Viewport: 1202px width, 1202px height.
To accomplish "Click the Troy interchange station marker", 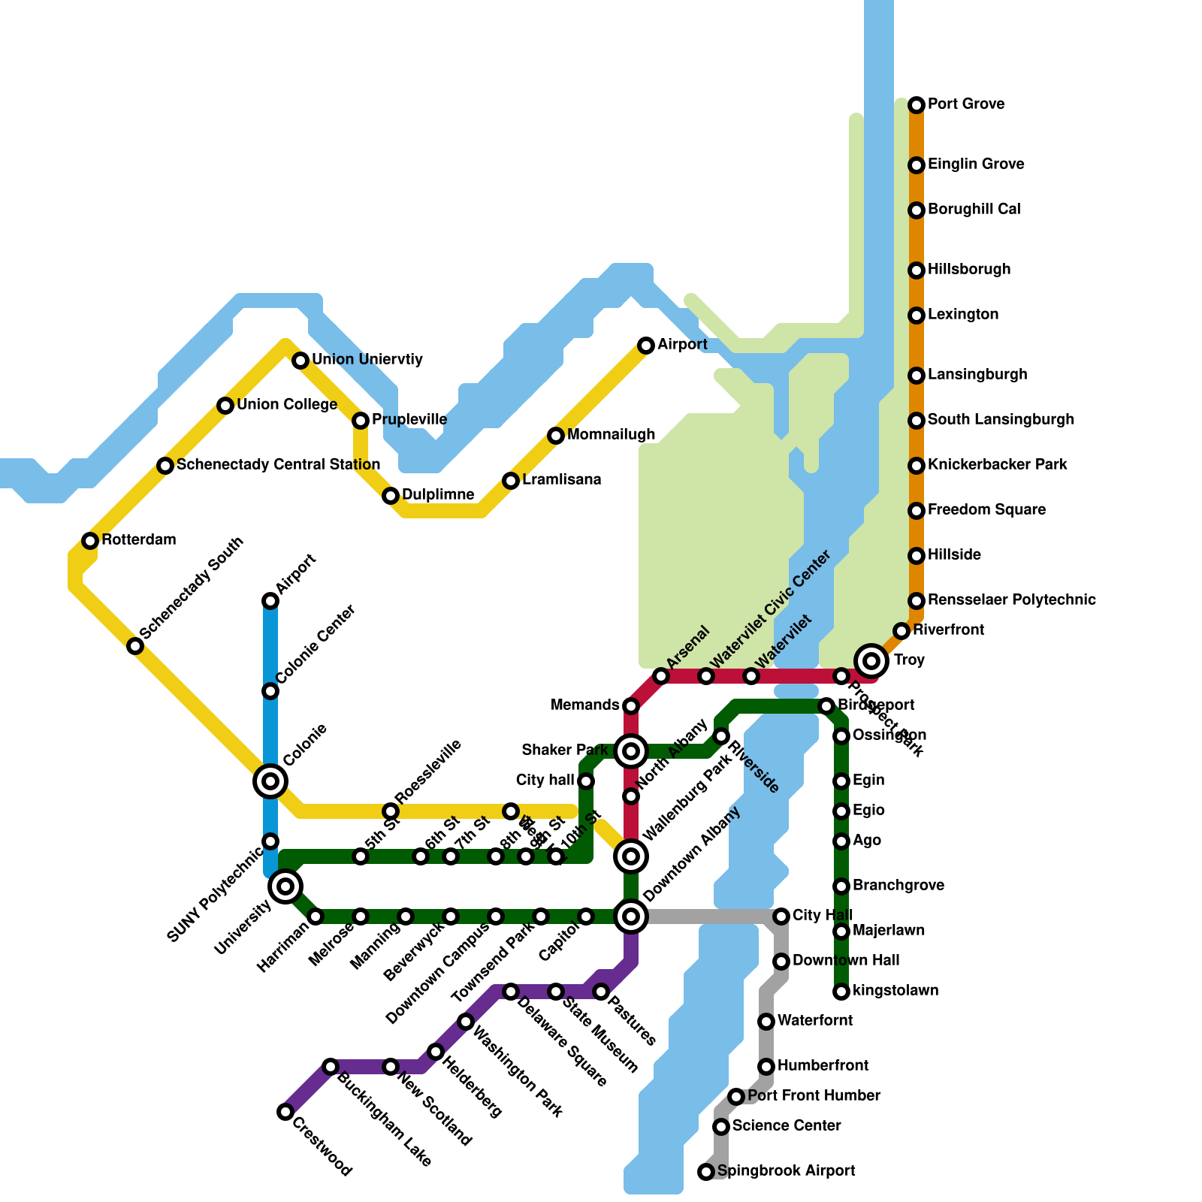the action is tap(871, 660).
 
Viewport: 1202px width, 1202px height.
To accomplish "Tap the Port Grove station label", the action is tap(966, 104).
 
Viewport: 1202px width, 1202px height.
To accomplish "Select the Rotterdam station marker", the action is tap(90, 540).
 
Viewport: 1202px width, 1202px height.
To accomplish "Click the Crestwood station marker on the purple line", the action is tap(285, 1112).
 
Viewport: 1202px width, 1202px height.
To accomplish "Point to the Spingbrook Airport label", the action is tap(786, 1171).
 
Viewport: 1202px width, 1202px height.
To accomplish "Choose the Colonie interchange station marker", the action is tap(270, 781).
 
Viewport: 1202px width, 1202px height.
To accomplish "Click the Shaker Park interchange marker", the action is tap(631, 751).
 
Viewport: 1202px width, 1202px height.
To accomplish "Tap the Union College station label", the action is tap(287, 405).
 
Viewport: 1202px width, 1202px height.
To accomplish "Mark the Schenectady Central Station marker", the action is tap(165, 466).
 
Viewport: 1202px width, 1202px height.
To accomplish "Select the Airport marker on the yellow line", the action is tap(646, 346).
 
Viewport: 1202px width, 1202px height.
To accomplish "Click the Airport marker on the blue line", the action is tap(270, 601).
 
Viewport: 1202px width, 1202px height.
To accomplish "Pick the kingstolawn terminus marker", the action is tap(841, 992).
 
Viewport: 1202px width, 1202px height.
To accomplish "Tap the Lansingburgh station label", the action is tap(977, 375).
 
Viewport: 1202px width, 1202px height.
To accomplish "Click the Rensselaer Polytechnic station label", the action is tap(1011, 600).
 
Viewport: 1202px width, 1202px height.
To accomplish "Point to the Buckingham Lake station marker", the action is tap(331, 1067).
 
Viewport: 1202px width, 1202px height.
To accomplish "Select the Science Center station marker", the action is tap(721, 1127).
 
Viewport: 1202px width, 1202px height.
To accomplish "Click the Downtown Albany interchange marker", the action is tap(631, 916).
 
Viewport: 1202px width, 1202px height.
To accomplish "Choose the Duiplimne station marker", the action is tap(391, 496).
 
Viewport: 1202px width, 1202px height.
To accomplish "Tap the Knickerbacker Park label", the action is tap(997, 465).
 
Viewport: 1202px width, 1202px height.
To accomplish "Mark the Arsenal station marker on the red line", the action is tap(661, 676).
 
